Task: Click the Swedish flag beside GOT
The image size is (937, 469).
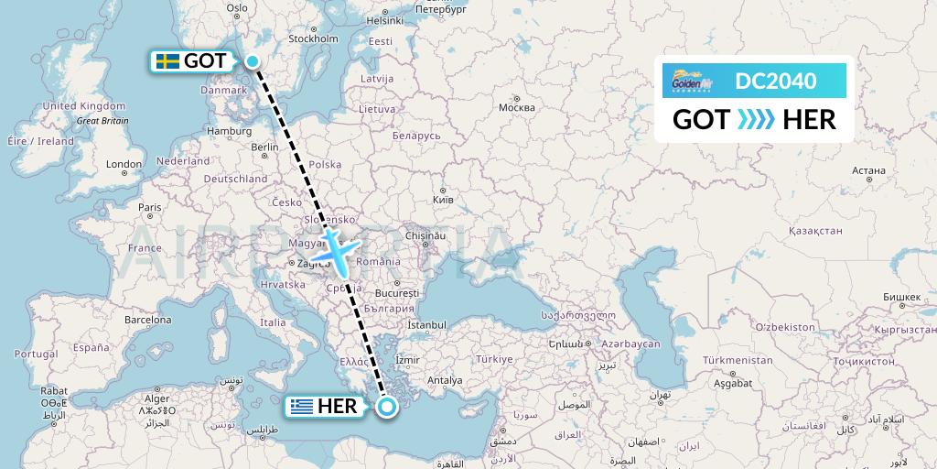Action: click(167, 61)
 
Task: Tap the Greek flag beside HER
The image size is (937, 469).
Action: click(301, 407)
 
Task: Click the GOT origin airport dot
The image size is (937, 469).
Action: click(252, 61)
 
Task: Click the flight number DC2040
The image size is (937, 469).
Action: click(775, 81)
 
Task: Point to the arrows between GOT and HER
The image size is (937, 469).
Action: click(756, 119)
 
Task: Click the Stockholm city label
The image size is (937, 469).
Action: click(314, 38)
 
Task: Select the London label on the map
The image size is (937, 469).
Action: click(124, 165)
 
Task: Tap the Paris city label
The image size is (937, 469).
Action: click(149, 207)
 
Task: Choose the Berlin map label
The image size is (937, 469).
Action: click(264, 147)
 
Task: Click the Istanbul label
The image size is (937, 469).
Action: click(426, 324)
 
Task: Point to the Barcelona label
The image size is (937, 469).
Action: click(148, 321)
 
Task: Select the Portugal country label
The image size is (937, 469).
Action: click(36, 354)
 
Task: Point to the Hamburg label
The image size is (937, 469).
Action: click(229, 131)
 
